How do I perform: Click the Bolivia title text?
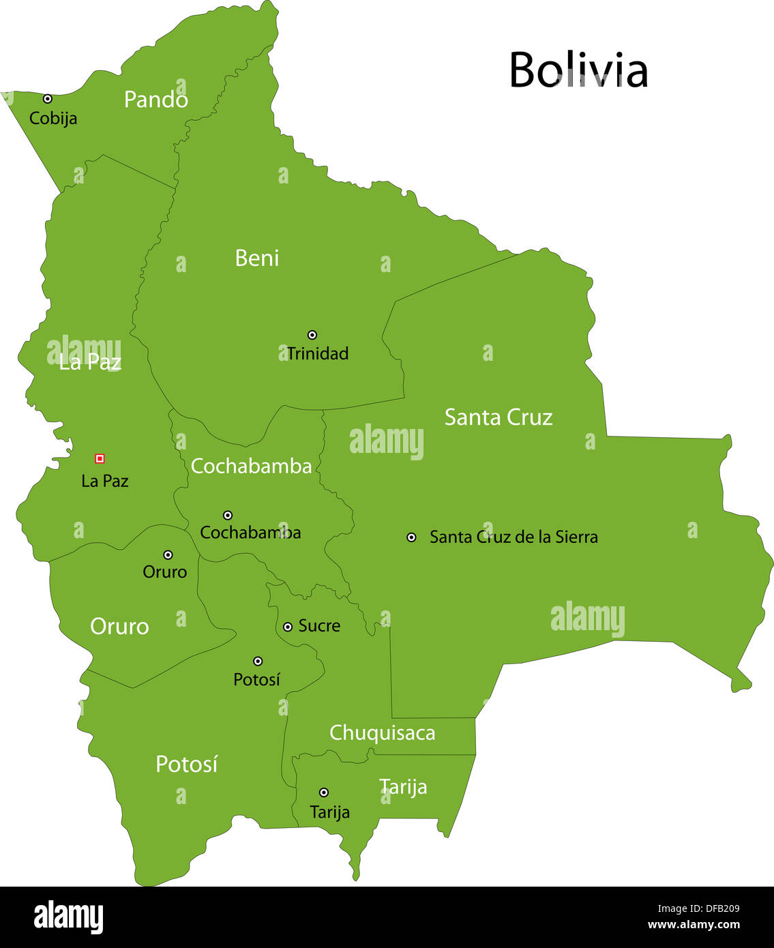578,70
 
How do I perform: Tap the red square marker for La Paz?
100,458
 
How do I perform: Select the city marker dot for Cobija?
48,99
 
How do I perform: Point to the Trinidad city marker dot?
312,335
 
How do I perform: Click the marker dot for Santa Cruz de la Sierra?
411,537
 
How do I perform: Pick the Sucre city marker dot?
288,627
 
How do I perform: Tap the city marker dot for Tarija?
324,793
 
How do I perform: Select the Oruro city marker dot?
168,555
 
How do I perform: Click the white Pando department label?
155,100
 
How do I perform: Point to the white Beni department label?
257,258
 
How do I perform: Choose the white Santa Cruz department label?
498,417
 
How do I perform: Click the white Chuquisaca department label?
382,733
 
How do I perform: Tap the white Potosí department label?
186,765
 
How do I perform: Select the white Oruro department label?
119,627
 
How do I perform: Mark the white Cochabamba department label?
251,466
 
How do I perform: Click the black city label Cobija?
53,119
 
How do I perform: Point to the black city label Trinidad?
318,354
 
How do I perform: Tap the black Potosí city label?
256,680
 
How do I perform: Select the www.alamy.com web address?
693,925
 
